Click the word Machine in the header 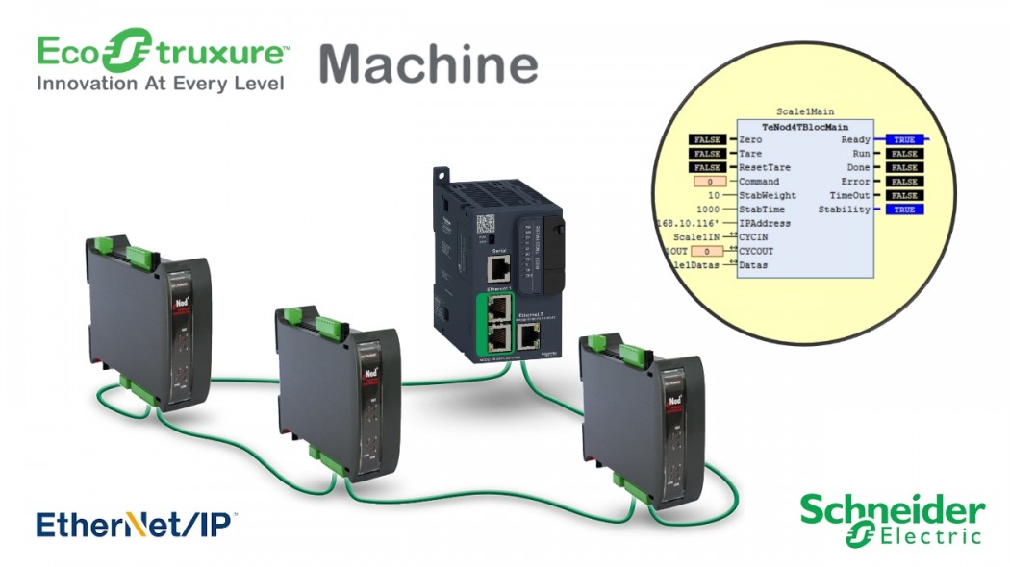pyautogui.click(x=428, y=63)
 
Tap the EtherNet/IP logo pyautogui.click(x=136, y=525)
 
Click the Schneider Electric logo pyautogui.click(x=893, y=519)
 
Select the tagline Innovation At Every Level pyautogui.click(x=161, y=84)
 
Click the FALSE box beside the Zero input pyautogui.click(x=707, y=139)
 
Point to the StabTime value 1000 pyautogui.click(x=708, y=209)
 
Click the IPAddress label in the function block pyautogui.click(x=765, y=223)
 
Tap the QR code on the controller pyautogui.click(x=487, y=224)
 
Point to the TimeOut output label pyautogui.click(x=848, y=195)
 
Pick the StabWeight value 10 pyautogui.click(x=714, y=195)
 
